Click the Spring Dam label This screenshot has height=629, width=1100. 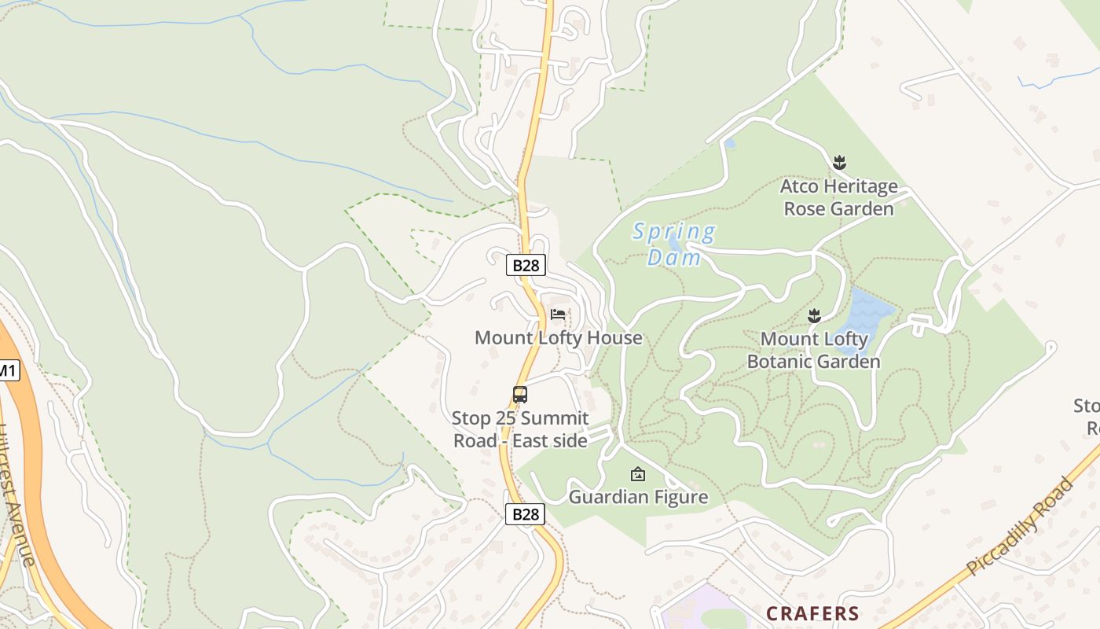[x=674, y=245]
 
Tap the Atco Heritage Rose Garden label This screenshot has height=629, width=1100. [x=838, y=198]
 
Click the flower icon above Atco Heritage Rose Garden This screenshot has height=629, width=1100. [x=839, y=163]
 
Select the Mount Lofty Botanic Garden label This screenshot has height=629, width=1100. [x=814, y=351]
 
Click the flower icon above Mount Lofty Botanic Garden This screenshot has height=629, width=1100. [x=814, y=316]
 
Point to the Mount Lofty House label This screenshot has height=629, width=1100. [x=558, y=338]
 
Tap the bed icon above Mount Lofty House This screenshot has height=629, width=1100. [x=558, y=314]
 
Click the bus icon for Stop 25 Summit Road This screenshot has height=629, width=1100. [x=519, y=395]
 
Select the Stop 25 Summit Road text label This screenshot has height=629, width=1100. [x=520, y=429]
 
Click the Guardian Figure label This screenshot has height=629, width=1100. [x=638, y=497]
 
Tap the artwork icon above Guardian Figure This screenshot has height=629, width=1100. [x=638, y=474]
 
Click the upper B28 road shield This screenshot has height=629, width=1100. [x=526, y=265]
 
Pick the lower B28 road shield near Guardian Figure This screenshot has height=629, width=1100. [x=525, y=514]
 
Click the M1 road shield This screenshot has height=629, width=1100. [x=8, y=370]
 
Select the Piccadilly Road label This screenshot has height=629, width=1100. [x=1019, y=525]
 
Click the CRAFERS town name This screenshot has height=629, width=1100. [x=812, y=613]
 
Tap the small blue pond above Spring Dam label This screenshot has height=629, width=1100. [x=731, y=144]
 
